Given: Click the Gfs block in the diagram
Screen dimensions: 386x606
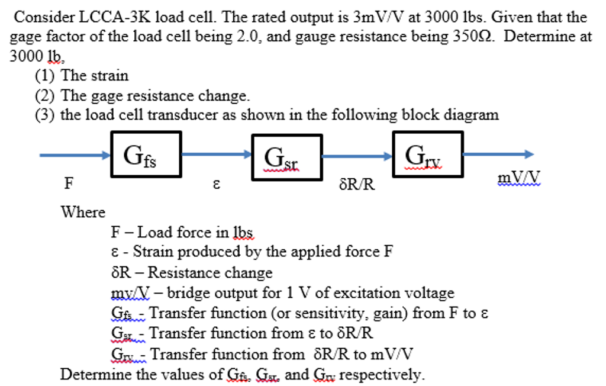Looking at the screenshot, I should (x=146, y=155).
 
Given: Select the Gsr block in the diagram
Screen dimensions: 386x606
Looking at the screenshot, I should (x=287, y=157).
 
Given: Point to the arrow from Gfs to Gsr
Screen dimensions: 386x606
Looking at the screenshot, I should (x=217, y=155).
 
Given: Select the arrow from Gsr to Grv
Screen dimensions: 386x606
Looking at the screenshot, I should (x=357, y=156).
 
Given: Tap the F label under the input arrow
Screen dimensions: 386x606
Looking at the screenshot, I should (x=69, y=184).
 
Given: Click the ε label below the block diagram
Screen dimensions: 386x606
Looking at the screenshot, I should (x=217, y=185).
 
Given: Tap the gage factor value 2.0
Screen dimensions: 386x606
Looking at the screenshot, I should (x=253, y=37).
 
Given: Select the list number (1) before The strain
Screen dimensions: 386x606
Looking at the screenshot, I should (x=46, y=76).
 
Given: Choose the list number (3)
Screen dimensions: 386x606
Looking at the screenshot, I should (x=46, y=114).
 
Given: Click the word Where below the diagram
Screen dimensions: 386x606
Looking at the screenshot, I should (x=83, y=212).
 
